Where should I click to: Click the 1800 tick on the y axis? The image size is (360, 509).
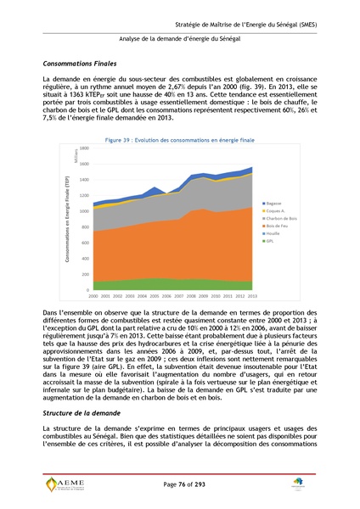pos(83,148)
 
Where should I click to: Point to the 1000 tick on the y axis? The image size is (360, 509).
pos(83,211)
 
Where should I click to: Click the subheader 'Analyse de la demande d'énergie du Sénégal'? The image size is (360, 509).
pos(180,39)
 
